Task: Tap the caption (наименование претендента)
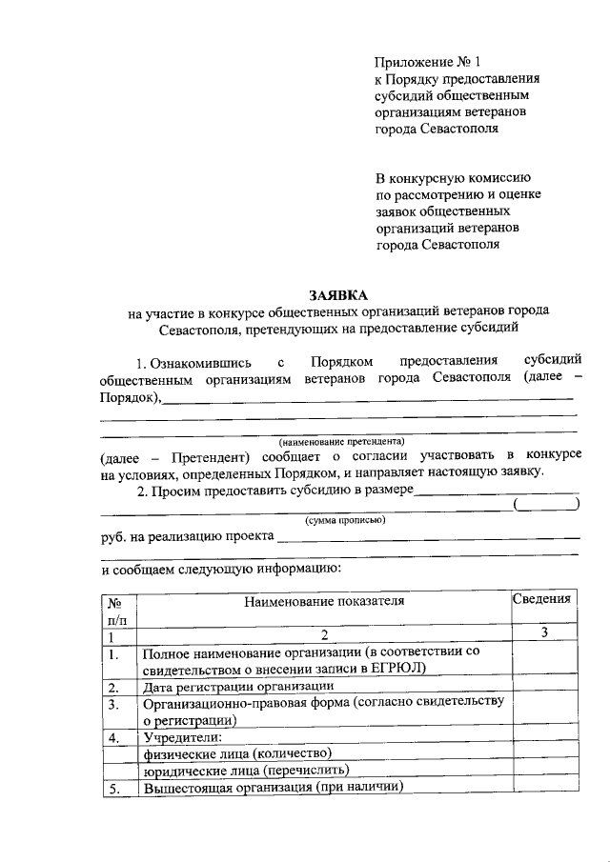[341, 442]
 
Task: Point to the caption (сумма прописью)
[344, 520]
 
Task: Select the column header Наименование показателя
[324, 601]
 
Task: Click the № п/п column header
[118, 610]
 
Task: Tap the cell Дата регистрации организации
[238, 686]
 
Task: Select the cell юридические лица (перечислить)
[246, 770]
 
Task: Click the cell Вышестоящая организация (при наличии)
[273, 787]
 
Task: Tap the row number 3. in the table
[113, 704]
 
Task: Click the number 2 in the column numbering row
[324, 635]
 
